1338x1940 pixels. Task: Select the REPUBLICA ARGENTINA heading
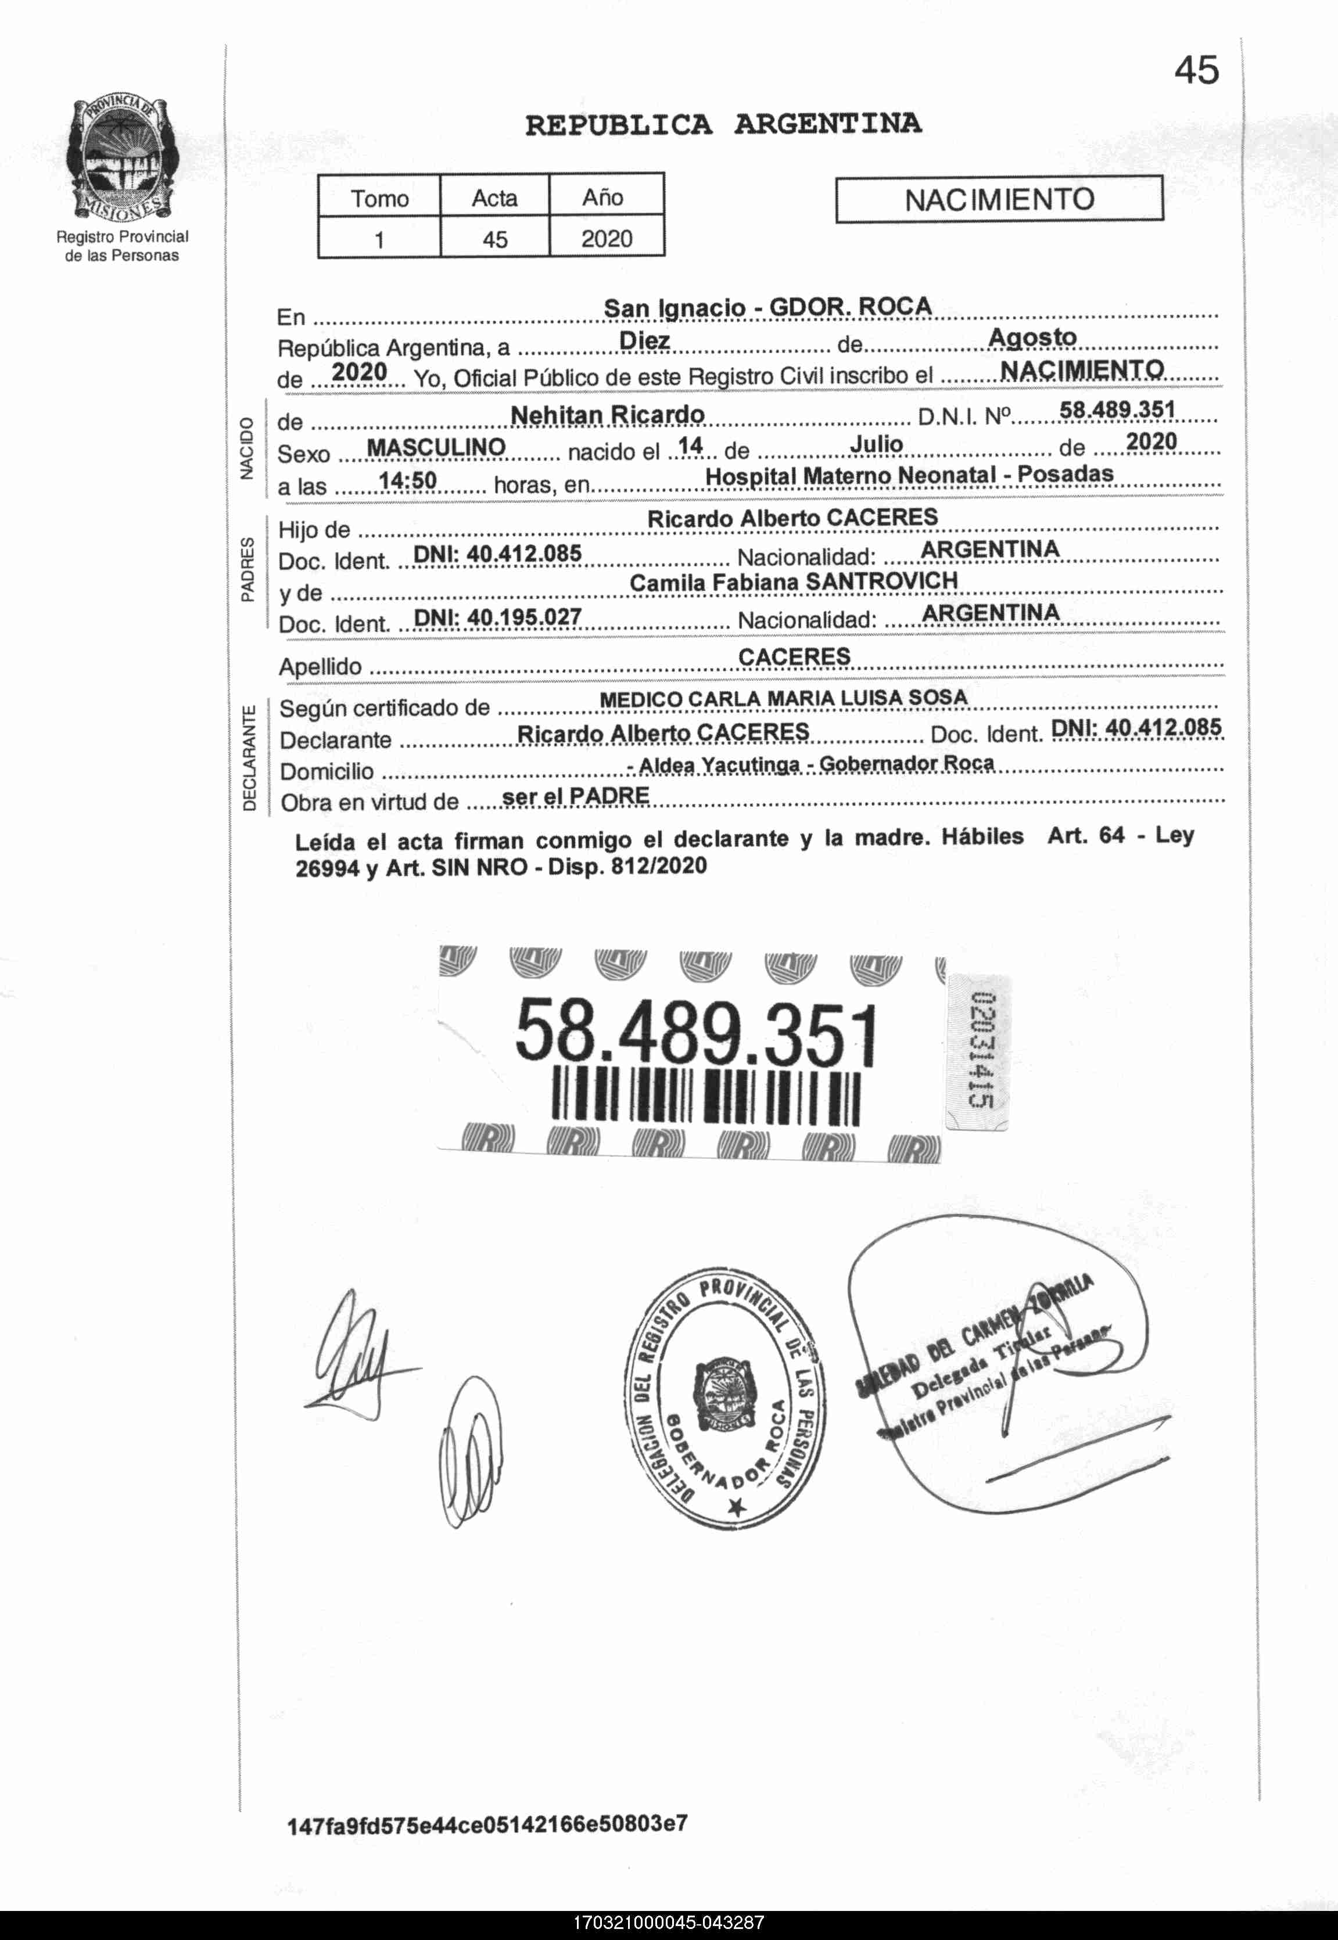point(723,125)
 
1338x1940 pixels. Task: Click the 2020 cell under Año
point(606,239)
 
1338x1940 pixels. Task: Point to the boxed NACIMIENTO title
point(999,199)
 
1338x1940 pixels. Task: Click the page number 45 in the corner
point(1196,70)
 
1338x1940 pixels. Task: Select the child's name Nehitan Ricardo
point(607,415)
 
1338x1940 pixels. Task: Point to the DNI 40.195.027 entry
point(498,617)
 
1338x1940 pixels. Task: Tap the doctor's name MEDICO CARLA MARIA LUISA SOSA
point(783,698)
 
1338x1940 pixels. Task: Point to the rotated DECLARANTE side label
point(249,759)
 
